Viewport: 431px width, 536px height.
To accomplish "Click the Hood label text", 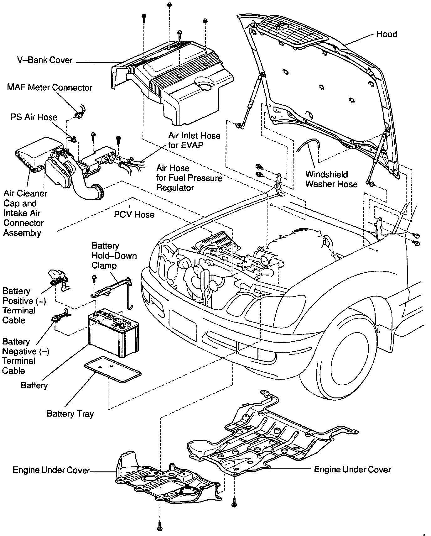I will [x=387, y=34].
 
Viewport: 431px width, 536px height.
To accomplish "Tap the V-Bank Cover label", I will [x=45, y=60].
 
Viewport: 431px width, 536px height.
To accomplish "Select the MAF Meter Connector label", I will [x=49, y=87].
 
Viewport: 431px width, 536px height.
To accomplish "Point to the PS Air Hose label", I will [x=34, y=117].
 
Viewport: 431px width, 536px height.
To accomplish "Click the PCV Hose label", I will [x=134, y=215].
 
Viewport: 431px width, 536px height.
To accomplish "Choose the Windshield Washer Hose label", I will [x=331, y=179].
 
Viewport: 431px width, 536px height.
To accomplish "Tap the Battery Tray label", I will [x=70, y=414].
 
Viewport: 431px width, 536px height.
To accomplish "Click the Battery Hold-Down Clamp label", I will [x=114, y=255].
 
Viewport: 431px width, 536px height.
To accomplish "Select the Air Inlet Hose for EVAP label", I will [x=194, y=140].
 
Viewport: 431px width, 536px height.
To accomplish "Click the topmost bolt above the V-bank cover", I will [x=169, y=5].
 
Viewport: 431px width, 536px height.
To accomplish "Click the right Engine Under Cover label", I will [x=352, y=470].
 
